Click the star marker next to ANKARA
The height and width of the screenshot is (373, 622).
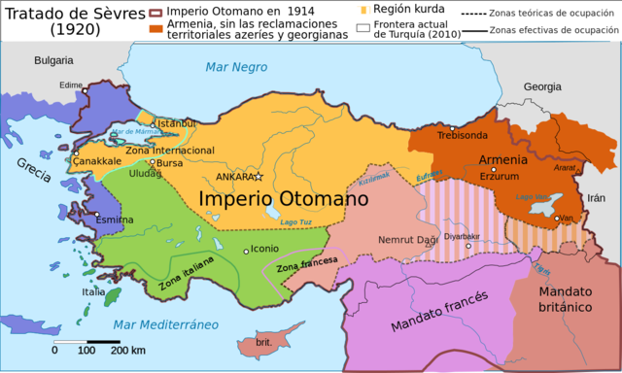pos(259,177)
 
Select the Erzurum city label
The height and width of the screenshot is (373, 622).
pos(500,176)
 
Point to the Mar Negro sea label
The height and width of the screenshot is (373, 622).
pos(235,66)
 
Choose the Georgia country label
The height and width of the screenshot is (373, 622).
pos(541,86)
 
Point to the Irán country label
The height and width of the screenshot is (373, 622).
pos(595,196)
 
